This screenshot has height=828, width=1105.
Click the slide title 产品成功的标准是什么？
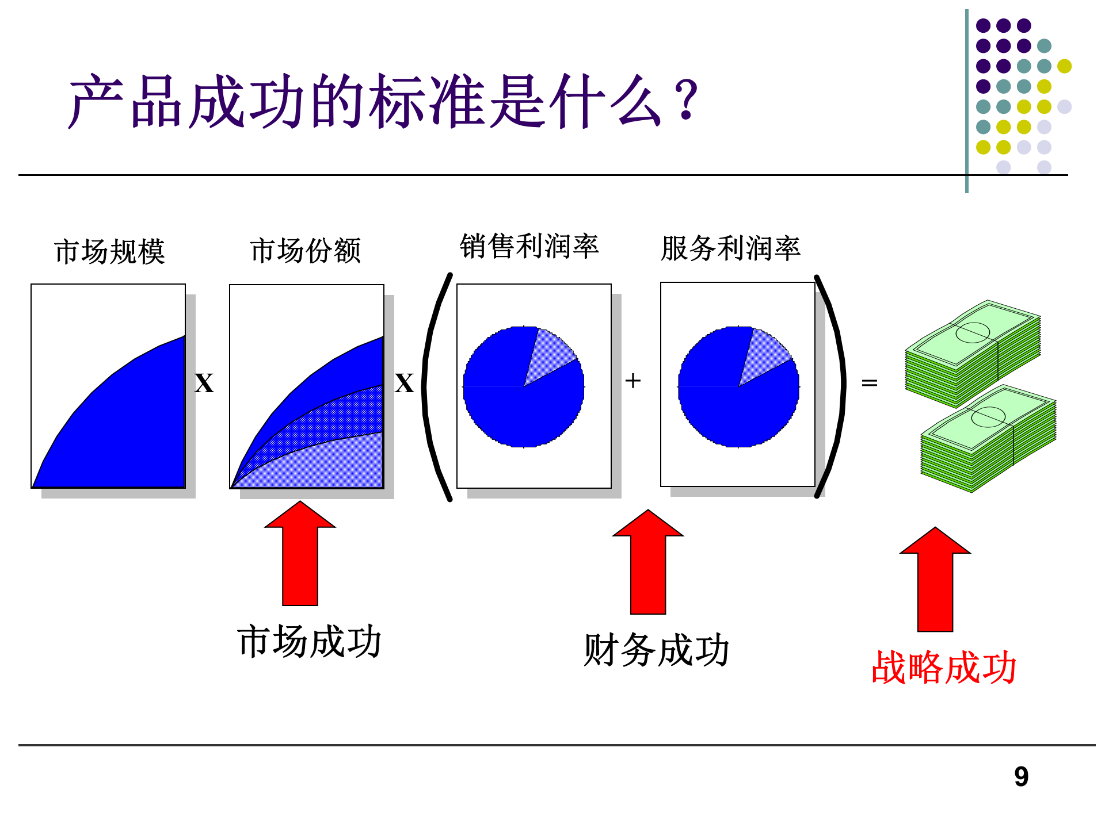pyautogui.click(x=383, y=102)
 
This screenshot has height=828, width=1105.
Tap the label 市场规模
pyautogui.click(x=109, y=252)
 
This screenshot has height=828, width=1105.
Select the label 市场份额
pyautogui.click(x=306, y=251)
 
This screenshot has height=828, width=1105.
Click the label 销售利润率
pyautogui.click(x=529, y=247)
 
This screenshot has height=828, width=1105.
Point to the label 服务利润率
pyautogui.click(x=730, y=248)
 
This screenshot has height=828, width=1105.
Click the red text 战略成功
pyautogui.click(x=944, y=668)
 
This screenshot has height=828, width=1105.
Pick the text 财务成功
pyautogui.click(x=657, y=650)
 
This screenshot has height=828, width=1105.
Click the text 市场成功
pyautogui.click(x=309, y=642)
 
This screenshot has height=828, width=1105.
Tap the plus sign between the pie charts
pyautogui.click(x=632, y=381)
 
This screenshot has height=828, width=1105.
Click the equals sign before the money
pyautogui.click(x=869, y=382)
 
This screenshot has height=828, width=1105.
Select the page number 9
pyautogui.click(x=1021, y=777)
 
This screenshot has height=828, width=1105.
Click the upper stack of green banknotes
pyautogui.click(x=973, y=354)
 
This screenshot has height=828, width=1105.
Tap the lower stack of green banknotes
pyautogui.click(x=988, y=438)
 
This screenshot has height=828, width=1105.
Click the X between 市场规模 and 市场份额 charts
pyautogui.click(x=204, y=384)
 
